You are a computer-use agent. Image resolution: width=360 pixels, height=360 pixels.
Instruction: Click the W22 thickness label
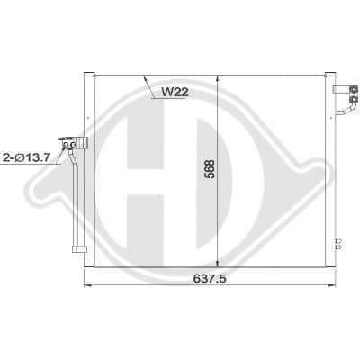coord(175,92)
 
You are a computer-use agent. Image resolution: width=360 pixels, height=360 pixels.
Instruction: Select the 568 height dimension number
coord(211,169)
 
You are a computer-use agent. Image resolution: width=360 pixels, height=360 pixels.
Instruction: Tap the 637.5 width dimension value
coord(210,279)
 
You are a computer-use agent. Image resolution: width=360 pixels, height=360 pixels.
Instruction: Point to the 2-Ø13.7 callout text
coord(25,157)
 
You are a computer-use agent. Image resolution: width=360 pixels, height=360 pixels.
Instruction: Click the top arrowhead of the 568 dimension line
coord(218,78)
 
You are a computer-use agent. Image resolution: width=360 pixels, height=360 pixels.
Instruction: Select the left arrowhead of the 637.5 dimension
coord(87,285)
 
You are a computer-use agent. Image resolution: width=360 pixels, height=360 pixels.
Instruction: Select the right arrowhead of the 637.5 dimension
coord(331,285)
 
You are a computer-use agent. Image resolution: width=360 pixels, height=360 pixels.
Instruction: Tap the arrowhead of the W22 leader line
coord(146,78)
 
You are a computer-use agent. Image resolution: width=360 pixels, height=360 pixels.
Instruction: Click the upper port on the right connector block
coord(355,89)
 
